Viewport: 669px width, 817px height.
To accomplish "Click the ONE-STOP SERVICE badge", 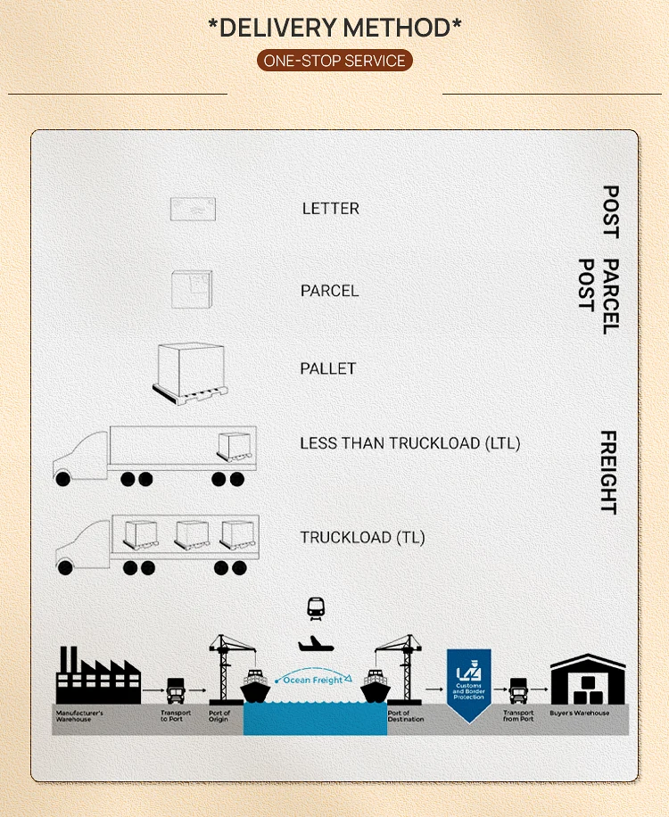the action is tap(334, 61).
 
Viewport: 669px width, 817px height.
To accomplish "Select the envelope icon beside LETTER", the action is tap(194, 209).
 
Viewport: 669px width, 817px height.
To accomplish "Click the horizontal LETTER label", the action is tap(330, 209).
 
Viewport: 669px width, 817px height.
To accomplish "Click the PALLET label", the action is tap(328, 368).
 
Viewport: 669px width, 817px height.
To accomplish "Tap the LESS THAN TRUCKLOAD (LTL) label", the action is tap(409, 443).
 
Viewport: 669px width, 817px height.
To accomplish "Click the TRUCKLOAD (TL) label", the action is tap(362, 538).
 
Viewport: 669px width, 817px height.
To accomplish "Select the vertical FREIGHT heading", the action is tap(607, 472).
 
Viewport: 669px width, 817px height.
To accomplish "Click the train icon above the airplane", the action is tap(316, 608).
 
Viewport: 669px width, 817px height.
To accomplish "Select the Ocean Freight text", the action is tap(314, 681).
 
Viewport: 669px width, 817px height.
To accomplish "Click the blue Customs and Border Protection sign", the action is tap(468, 675).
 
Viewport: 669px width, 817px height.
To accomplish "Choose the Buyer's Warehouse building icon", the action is tap(588, 681).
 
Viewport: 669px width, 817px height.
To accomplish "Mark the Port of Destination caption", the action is tap(405, 715).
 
